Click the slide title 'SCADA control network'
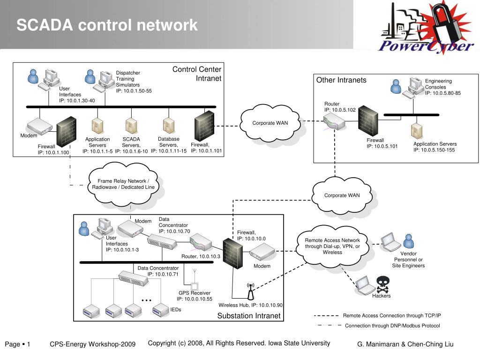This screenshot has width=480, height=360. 107,25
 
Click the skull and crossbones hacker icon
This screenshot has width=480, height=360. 383,284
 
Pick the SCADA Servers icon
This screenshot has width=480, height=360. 131,125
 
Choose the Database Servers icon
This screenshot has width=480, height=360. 168,125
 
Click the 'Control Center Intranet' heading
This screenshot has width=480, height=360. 197,74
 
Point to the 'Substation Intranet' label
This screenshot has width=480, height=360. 248,315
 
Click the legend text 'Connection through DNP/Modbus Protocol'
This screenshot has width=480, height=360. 392,326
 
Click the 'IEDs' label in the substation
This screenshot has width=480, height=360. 176,310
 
